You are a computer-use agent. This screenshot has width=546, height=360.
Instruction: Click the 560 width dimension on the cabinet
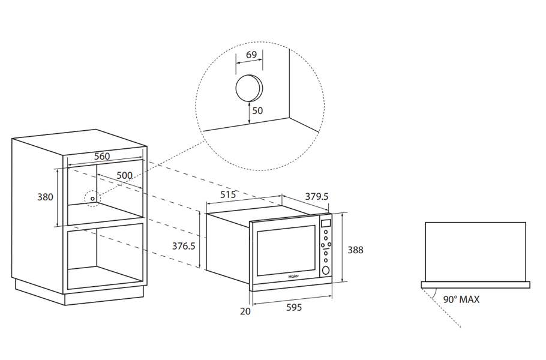click(102, 156)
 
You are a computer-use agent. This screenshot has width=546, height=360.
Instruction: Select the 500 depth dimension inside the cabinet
click(124, 175)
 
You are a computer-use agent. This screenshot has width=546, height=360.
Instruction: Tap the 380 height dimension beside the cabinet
click(45, 197)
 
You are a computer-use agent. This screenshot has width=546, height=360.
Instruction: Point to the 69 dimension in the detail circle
click(251, 55)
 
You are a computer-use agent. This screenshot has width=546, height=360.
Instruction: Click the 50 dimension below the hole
click(257, 111)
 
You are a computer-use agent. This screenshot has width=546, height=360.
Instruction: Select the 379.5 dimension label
click(317, 196)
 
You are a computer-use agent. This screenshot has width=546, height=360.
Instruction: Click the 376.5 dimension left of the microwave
click(184, 245)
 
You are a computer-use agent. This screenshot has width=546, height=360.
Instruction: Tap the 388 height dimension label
click(355, 250)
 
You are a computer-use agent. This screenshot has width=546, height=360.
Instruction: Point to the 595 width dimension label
click(293, 308)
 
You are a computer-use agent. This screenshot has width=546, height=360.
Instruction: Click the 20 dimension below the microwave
click(244, 311)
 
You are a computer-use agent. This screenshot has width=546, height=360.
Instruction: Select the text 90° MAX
click(461, 299)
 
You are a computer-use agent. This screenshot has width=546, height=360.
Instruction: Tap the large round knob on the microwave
click(326, 270)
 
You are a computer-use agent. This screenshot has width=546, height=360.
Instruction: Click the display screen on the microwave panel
click(326, 223)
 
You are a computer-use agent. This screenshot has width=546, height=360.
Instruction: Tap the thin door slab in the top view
click(476, 284)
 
